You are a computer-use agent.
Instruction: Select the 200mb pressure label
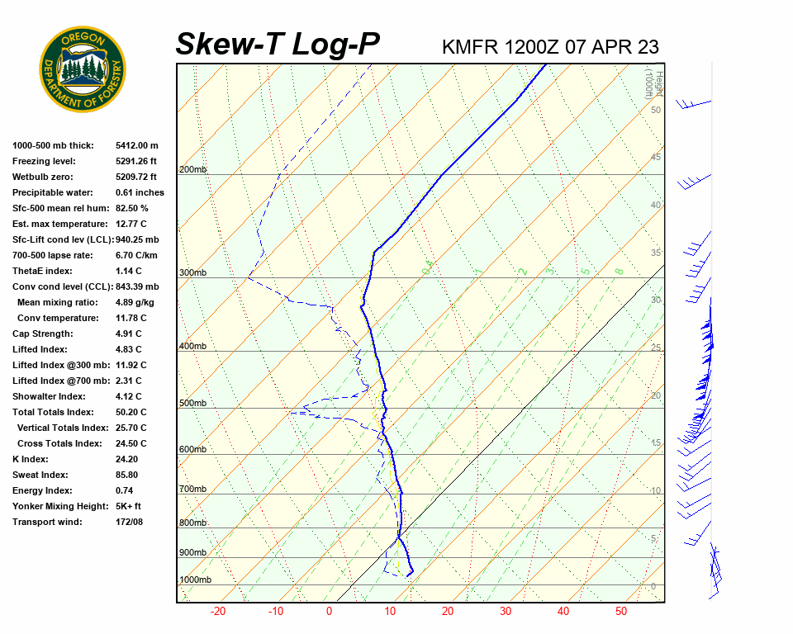point(192,170)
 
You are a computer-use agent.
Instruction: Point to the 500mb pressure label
point(192,404)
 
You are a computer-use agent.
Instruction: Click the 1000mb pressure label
point(195,580)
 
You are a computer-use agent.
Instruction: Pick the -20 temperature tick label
point(218,612)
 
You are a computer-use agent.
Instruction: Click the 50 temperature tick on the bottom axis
point(621,612)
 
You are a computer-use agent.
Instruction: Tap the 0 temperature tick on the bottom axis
point(329,612)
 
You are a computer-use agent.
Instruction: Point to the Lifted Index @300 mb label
point(56,365)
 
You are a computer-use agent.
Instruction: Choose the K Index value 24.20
point(127,459)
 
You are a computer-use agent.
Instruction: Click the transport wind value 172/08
point(129,522)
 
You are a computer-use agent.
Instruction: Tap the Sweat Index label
point(40,475)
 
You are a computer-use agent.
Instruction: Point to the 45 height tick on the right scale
point(655,158)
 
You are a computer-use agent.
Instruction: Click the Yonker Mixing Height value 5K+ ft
point(128,506)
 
